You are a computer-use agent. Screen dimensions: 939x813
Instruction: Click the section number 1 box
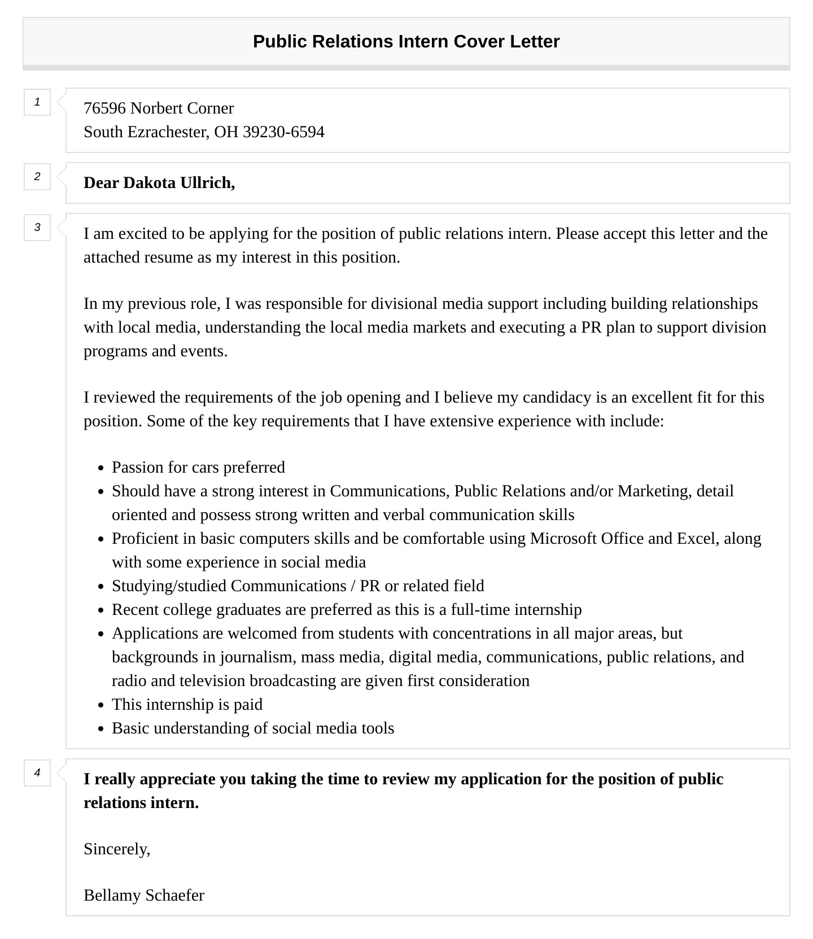click(37, 102)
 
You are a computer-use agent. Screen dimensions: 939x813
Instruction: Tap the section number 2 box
click(37, 177)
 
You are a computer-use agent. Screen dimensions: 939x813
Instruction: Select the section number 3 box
click(37, 228)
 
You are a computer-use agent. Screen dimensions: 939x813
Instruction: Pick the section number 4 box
click(37, 773)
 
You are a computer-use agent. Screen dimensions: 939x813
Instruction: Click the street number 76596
click(104, 108)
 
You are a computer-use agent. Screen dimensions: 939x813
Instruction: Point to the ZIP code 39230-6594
click(283, 132)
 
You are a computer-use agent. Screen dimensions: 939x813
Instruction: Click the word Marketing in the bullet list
click(654, 491)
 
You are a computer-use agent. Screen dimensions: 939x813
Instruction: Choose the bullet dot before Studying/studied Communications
click(100, 587)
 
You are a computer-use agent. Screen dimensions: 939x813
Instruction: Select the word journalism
click(258, 657)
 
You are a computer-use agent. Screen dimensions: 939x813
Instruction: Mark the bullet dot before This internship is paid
click(100, 705)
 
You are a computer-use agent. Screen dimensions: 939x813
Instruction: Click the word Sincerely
click(116, 849)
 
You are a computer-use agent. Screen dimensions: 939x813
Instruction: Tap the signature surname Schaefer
click(174, 896)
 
